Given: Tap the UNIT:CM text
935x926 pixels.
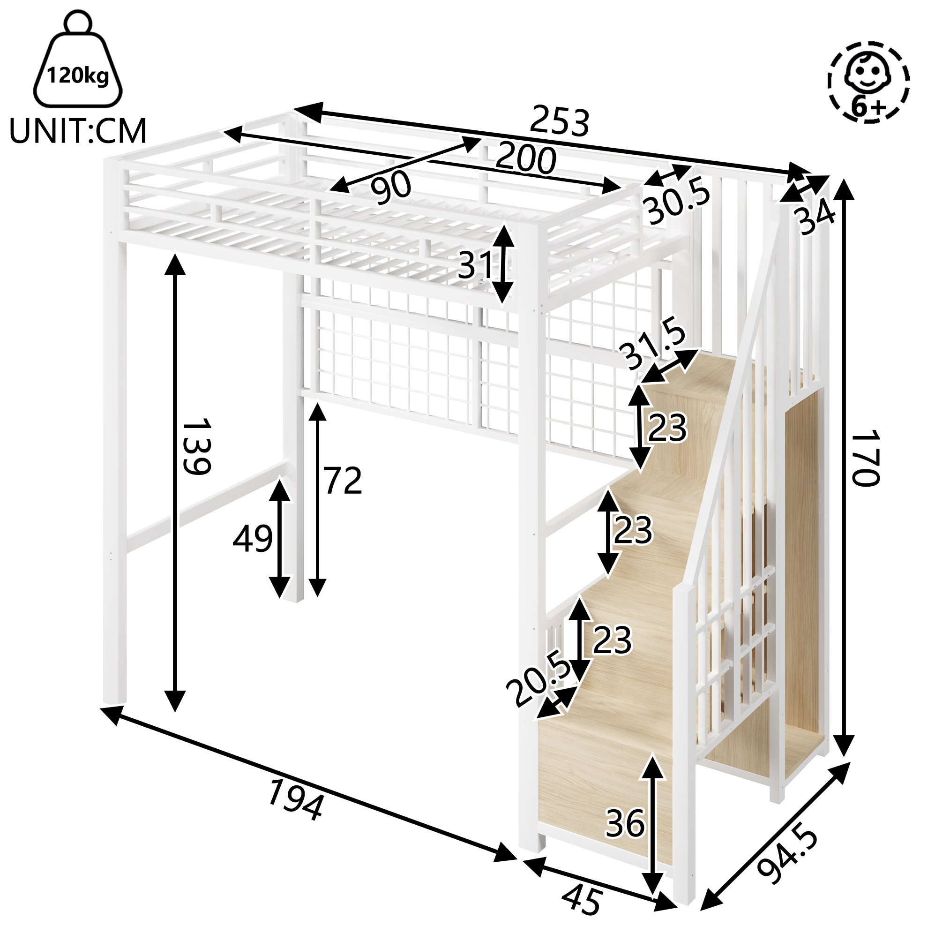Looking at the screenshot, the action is [78, 132].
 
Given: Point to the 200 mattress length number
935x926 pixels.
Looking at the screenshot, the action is [525, 158].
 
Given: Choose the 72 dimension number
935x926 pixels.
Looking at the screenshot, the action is [343, 481].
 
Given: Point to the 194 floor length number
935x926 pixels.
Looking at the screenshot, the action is [295, 800].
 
